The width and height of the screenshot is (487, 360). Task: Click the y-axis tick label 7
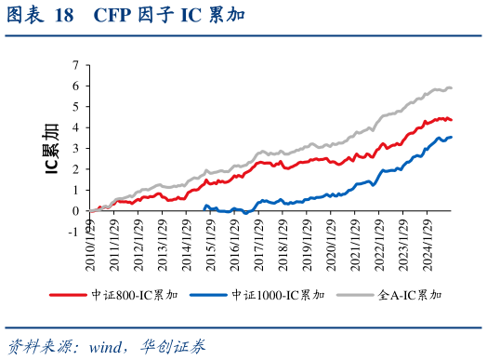coord(74,65)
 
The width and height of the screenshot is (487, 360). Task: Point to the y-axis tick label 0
coord(74,211)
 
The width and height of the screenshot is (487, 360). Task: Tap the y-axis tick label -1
coord(72,232)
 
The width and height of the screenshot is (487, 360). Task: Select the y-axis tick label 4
coord(74,127)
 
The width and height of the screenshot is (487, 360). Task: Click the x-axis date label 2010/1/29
coord(89,245)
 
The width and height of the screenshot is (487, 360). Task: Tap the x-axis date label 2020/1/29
coord(332,245)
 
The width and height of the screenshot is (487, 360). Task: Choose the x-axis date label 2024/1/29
coord(428,245)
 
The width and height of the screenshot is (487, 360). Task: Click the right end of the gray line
coord(452,88)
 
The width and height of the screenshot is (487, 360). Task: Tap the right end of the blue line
coord(452,137)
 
